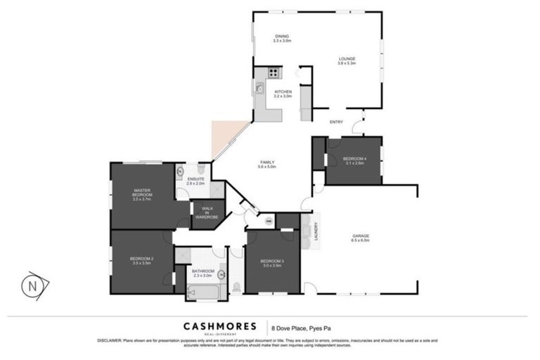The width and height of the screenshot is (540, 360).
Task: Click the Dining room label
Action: [281, 39]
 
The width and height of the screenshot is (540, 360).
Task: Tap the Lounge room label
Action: [347, 61]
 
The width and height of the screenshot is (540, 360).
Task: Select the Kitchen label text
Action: [283, 94]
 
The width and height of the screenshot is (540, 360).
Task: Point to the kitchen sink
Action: [259, 89]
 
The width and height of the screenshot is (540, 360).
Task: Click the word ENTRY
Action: [336, 122]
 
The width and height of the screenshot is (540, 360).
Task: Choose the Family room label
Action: [266, 165]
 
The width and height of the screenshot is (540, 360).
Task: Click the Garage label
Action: [360, 238]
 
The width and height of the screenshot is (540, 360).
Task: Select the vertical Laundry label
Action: [315, 230]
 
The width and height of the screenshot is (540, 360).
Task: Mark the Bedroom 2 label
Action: [141, 259]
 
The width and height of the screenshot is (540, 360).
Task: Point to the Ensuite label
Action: [196, 181]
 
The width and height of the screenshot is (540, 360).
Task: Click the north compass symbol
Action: [32, 285]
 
